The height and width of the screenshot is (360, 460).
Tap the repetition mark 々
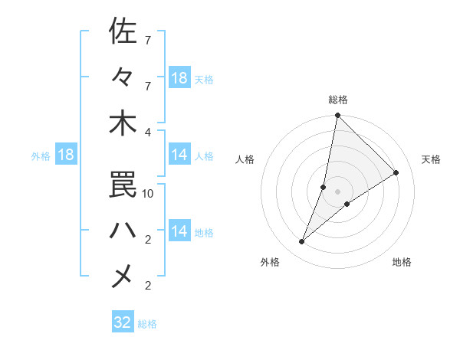(123, 77)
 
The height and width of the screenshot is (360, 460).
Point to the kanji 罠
(123, 183)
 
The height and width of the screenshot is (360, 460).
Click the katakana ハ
(123, 229)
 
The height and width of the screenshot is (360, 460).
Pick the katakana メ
(123, 275)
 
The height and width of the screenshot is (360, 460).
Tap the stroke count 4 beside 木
(148, 133)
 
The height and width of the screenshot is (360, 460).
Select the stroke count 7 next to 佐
(148, 40)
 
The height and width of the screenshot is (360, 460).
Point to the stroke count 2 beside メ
(148, 286)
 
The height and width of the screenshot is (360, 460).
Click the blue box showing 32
(123, 322)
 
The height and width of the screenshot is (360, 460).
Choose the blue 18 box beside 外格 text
(65, 155)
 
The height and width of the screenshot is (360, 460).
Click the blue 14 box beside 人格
(179, 155)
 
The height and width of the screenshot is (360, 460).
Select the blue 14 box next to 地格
(179, 231)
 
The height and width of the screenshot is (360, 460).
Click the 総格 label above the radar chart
(338, 100)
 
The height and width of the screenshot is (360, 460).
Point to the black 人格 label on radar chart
(245, 159)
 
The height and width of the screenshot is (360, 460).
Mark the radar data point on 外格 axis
(302, 242)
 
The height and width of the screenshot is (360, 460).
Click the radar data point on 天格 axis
(396, 173)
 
